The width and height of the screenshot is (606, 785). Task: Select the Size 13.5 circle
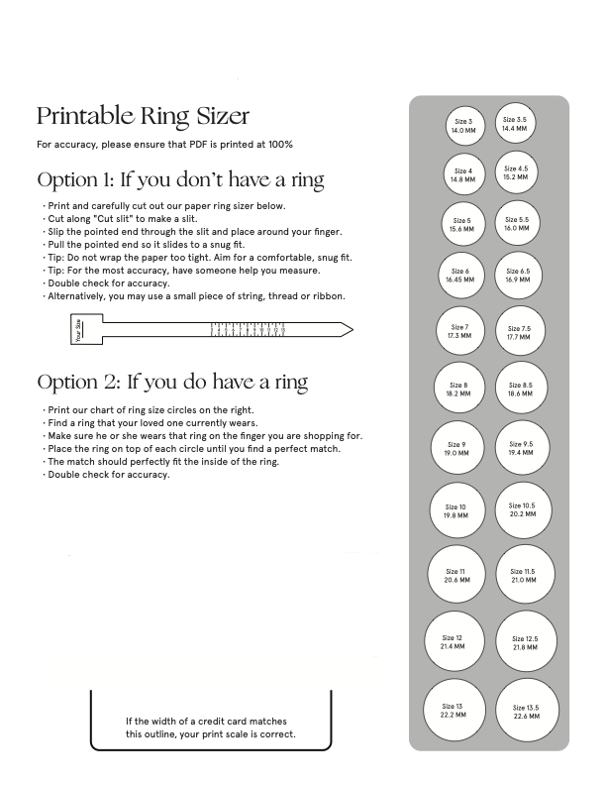point(526,713)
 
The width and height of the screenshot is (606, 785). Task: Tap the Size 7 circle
point(459,331)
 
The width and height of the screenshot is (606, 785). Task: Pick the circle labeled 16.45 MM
point(460,276)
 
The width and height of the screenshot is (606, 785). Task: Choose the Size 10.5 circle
point(522,510)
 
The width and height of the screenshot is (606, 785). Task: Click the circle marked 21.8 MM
point(525,643)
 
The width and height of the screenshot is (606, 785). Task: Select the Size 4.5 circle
point(516,172)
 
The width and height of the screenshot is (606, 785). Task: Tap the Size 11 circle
point(455,576)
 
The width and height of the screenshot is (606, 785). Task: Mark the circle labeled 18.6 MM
point(520,390)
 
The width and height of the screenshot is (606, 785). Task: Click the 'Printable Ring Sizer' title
point(143,115)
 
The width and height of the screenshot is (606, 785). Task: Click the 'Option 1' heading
point(180,180)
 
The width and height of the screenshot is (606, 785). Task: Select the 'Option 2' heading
point(172,382)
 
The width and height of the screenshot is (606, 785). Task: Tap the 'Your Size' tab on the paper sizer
point(79,329)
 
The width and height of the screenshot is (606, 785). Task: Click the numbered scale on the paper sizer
point(249,329)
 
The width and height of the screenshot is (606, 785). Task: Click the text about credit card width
point(210,728)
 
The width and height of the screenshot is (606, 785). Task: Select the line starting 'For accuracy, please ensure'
point(164,145)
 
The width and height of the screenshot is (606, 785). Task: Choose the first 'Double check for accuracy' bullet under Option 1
point(108,282)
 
